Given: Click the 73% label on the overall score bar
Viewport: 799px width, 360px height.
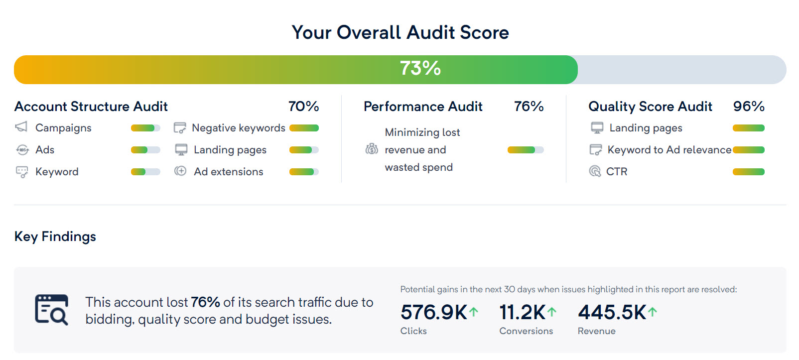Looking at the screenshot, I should [x=420, y=69].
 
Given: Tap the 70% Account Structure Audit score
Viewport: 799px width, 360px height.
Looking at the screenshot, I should [x=303, y=107].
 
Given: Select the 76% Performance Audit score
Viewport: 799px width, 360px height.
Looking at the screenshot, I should [x=529, y=107].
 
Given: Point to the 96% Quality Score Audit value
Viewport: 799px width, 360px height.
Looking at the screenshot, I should [x=748, y=107].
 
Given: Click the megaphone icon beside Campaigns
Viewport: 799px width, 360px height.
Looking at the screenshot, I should [x=21, y=127].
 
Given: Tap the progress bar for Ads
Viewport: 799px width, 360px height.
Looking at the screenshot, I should [x=145, y=150].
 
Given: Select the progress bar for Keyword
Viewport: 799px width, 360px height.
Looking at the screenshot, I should [x=145, y=172].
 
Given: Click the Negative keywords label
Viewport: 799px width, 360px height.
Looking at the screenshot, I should [x=238, y=128].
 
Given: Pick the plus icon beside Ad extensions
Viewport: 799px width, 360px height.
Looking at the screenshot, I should [x=180, y=171].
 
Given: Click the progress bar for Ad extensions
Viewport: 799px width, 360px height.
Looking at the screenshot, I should [x=304, y=172].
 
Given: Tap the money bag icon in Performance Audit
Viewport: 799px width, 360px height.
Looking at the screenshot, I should [x=372, y=149].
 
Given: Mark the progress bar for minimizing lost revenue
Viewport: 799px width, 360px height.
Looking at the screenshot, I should [x=525, y=150].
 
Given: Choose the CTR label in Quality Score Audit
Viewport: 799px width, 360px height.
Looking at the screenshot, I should [x=616, y=172].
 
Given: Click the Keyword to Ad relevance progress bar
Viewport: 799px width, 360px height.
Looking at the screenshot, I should [x=748, y=150].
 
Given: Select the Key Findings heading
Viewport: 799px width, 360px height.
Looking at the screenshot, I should [x=55, y=237].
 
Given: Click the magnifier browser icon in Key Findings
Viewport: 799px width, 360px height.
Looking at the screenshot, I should [x=51, y=310].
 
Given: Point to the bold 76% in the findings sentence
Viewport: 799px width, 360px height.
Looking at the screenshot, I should [x=205, y=302].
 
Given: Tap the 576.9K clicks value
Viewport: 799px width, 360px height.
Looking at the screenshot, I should [x=433, y=313].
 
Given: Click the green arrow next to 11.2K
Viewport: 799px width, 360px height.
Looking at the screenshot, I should [x=552, y=312].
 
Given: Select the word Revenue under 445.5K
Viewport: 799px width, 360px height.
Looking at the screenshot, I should [x=596, y=331].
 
